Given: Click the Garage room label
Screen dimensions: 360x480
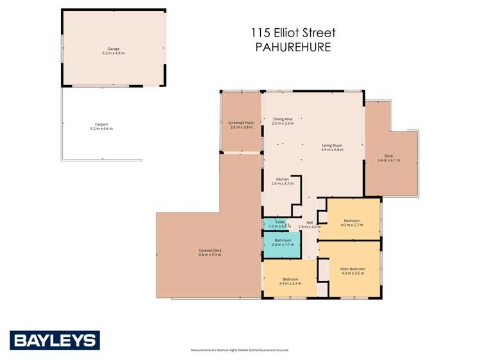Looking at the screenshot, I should click(113, 49).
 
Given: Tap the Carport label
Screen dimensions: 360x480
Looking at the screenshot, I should click(101, 124).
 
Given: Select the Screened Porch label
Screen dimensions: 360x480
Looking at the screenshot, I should click(242, 122).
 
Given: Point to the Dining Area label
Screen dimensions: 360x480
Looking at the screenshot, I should click(283, 119).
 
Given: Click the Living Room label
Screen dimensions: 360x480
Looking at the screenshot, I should click(332, 145).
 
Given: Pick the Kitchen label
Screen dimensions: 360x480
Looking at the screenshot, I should click(283, 179).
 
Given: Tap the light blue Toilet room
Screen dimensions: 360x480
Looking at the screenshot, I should click(276, 224).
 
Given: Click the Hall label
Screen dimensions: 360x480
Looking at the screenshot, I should click(310, 222).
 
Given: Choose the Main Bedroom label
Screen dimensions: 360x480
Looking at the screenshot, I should click(352, 268).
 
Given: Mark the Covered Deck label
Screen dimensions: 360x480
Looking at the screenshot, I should click(210, 250).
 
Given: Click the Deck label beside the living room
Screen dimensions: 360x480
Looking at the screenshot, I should click(388, 156).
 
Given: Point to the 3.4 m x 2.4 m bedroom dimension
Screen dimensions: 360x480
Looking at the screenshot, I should click(290, 283).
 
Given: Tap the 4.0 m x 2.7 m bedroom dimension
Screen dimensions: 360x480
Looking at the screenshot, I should click(352, 225).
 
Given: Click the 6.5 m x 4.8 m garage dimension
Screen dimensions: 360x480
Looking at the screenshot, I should click(113, 53).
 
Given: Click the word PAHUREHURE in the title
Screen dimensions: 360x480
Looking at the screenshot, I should click(293, 47).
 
